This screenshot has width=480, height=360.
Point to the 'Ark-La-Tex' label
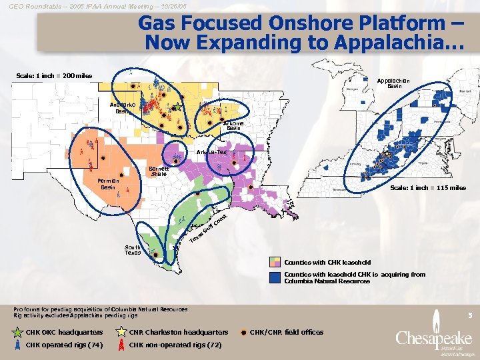pyautogui.click(x=211, y=153)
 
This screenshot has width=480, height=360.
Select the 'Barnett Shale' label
pyautogui.click(x=158, y=171)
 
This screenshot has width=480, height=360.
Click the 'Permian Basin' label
pyautogui.click(x=107, y=183)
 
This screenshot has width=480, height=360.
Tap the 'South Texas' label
pyautogui.click(x=133, y=250)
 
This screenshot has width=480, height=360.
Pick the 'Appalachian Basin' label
pyautogui.click(x=393, y=83)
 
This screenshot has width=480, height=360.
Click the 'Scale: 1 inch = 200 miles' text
pyautogui.click(x=53, y=75)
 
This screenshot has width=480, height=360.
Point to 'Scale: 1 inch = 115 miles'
pyautogui.click(x=427, y=187)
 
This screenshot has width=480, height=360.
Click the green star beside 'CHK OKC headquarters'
pyautogui.click(x=17, y=332)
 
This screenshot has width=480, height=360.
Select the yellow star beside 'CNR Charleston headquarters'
pyautogui.click(x=121, y=332)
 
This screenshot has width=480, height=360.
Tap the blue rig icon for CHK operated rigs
pyautogui.click(x=17, y=345)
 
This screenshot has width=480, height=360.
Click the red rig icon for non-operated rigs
pyautogui.click(x=121, y=345)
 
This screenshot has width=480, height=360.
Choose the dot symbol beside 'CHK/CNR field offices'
pyautogui.click(x=244, y=332)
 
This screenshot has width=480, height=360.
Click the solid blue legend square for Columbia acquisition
pyautogui.click(x=275, y=277)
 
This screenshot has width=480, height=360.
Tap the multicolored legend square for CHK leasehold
pyautogui.click(x=275, y=262)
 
